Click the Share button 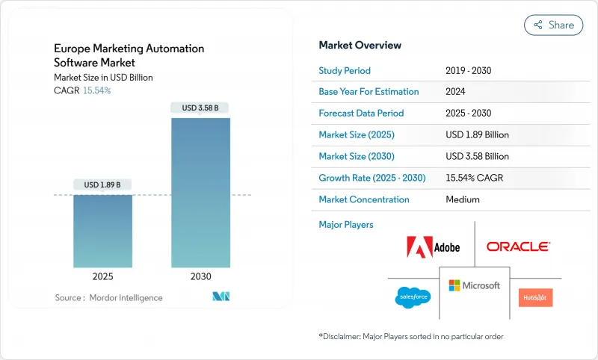[554, 25]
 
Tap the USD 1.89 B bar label [103, 184]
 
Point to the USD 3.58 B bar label [200, 108]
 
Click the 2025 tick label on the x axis [103, 276]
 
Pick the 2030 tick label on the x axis [200, 276]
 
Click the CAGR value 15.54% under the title [97, 90]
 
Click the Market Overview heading [360, 46]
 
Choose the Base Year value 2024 [456, 92]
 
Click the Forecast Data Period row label [361, 114]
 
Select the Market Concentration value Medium [462, 199]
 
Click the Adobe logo [433, 246]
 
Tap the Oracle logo [518, 246]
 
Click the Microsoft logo [474, 285]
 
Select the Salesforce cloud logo [413, 297]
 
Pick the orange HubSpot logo [535, 297]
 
